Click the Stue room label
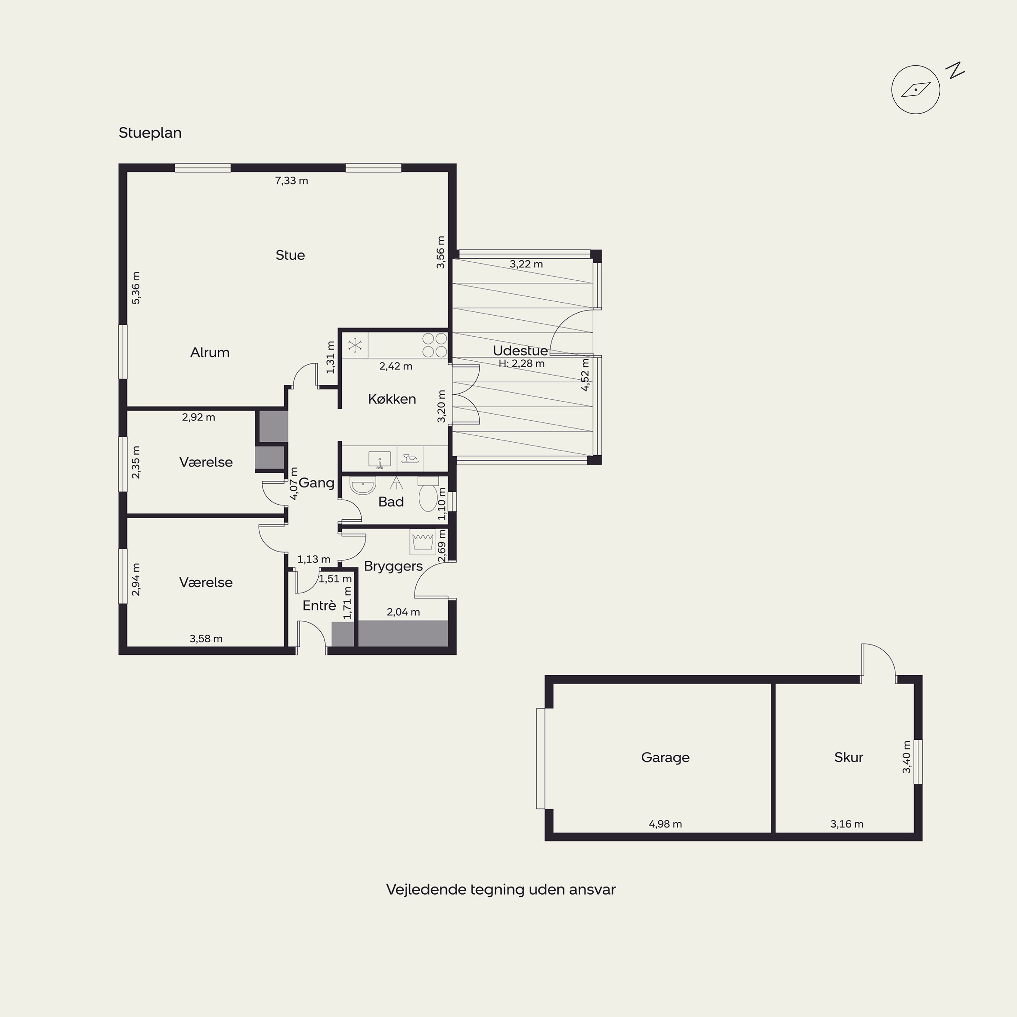coord(290,255)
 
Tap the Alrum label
coord(210,353)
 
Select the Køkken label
coord(392,399)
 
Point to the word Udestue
coord(520,351)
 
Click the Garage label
coord(665,757)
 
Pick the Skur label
coord(849,757)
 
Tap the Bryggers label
coord(393,566)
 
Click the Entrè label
coord(319,605)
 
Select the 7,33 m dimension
coord(291,181)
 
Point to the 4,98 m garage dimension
coord(665,824)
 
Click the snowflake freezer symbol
coord(355,345)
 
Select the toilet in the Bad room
coord(427,494)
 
